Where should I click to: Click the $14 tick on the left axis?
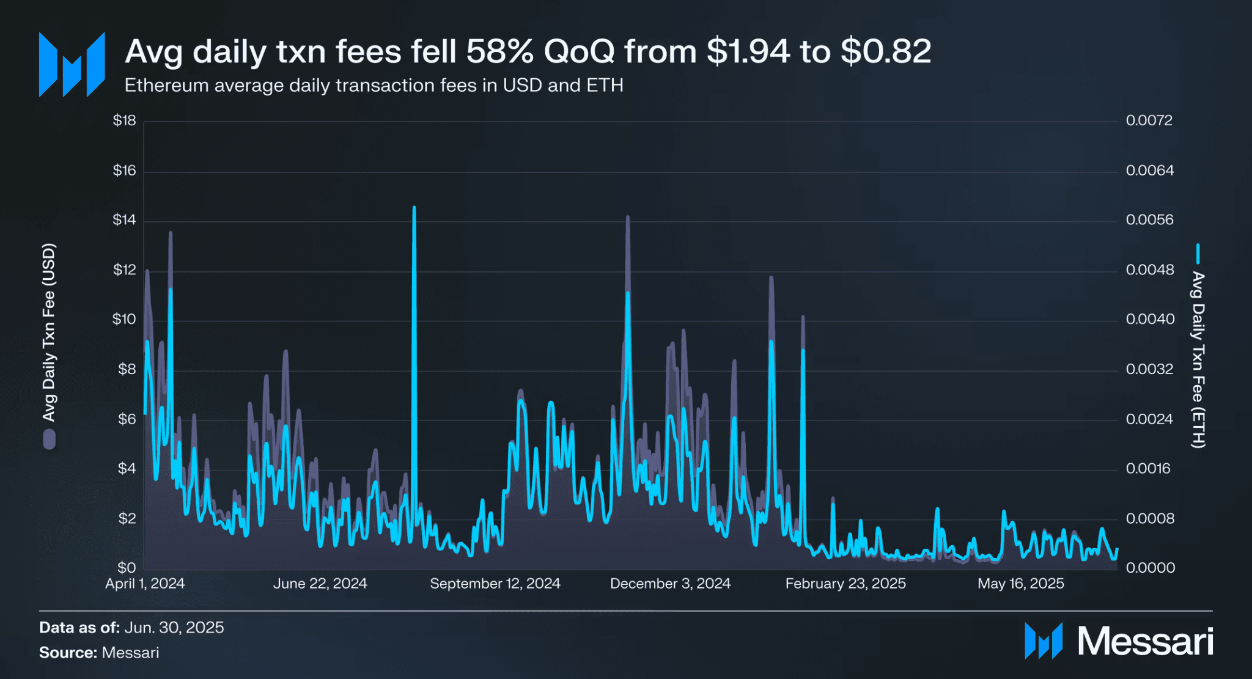pos(124,220)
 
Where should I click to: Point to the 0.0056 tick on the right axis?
pos(1149,220)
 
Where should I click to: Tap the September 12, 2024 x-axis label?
pos(495,584)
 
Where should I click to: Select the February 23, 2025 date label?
pos(845,584)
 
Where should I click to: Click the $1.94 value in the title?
pos(748,51)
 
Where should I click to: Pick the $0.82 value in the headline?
pos(886,51)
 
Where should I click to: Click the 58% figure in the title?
pos(499,51)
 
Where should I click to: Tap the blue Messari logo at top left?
pos(72,64)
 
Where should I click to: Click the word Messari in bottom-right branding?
pos(1144,641)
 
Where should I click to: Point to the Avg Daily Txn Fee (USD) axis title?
pos(49,332)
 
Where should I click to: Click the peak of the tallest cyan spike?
pos(414,208)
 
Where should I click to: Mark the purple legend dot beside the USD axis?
pos(49,439)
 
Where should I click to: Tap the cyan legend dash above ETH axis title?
pos(1198,253)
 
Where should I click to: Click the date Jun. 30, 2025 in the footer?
pos(174,628)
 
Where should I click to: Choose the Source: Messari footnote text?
pos(99,653)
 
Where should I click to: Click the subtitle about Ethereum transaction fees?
pos(374,86)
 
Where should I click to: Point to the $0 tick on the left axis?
pos(127,568)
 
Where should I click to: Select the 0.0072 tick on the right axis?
pos(1149,120)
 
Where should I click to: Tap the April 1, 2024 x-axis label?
pos(145,584)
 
